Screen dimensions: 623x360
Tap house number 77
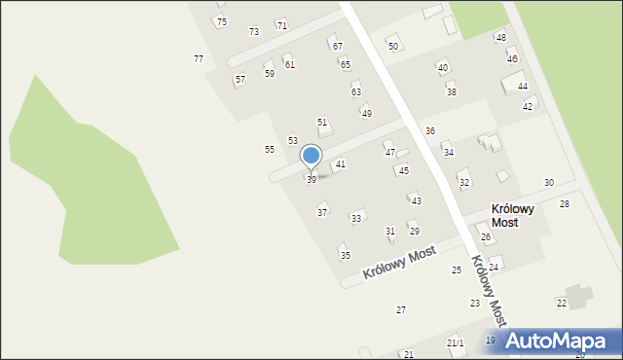tap(199, 59)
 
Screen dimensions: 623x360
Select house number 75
tap(222, 22)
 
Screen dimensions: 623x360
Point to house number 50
tap(393, 46)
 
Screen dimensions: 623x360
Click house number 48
tap(501, 38)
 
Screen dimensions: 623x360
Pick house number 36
tap(429, 130)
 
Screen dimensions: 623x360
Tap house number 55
tap(270, 149)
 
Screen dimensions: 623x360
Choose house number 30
tap(549, 183)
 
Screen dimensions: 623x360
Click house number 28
tap(565, 204)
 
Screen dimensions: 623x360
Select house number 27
tap(400, 309)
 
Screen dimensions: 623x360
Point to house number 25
tap(457, 270)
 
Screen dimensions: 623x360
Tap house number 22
tap(562, 304)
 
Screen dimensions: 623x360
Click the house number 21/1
tap(456, 343)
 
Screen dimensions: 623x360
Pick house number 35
tap(345, 255)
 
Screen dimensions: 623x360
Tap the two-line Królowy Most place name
tap(519, 215)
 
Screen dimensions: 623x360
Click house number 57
tap(240, 79)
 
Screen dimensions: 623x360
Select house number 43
tap(417, 200)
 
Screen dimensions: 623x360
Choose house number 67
tap(338, 46)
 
